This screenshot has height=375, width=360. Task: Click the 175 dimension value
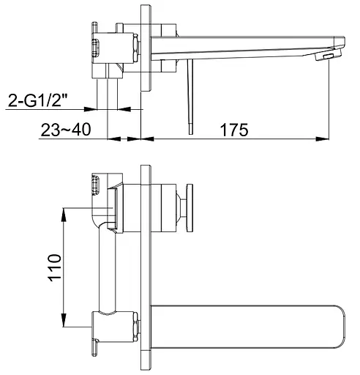[x=234, y=130]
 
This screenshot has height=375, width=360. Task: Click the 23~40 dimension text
[x=66, y=130]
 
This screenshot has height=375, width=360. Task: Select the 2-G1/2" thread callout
[x=38, y=100]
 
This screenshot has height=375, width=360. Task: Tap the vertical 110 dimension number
[x=55, y=267]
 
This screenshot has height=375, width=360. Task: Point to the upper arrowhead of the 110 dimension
[x=64, y=215]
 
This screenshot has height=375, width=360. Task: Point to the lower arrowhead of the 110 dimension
[x=64, y=320]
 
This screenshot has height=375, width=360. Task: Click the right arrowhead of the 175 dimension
[x=323, y=139]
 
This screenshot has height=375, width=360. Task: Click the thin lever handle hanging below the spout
[x=190, y=97]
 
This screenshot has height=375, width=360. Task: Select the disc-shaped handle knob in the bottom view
[x=190, y=208]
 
